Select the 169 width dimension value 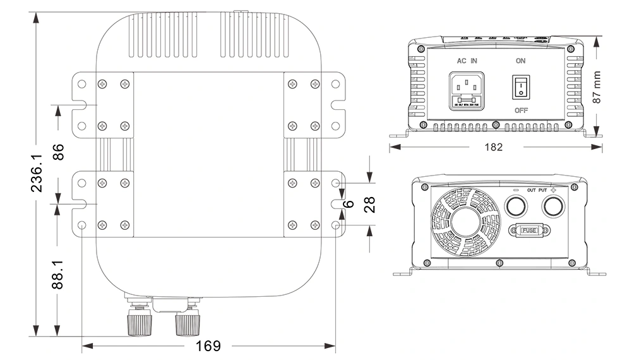click(x=208, y=346)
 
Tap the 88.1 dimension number click(x=58, y=272)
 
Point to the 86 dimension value click(x=58, y=152)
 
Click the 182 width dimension click(x=493, y=147)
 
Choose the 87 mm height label click(x=597, y=87)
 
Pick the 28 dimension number click(x=370, y=203)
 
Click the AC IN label click(x=467, y=61)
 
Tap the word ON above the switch click(x=521, y=61)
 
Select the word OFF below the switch click(x=521, y=110)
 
